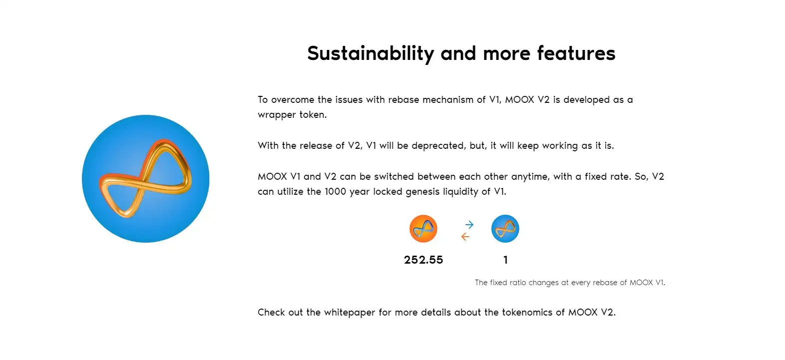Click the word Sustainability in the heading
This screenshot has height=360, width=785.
point(371,53)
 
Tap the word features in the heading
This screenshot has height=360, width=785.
point(576,53)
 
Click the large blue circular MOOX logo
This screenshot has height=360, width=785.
point(145,179)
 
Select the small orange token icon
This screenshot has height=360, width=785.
point(423,229)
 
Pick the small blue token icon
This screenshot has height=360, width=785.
point(505,229)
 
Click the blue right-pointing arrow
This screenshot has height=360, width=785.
point(469,224)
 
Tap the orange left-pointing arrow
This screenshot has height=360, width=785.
point(465,237)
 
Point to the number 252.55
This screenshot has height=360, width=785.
point(423,260)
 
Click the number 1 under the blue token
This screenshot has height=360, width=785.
point(505,260)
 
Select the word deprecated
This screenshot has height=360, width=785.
point(438,145)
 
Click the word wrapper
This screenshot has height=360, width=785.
point(277,115)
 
